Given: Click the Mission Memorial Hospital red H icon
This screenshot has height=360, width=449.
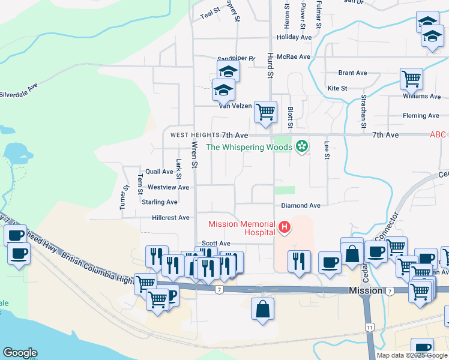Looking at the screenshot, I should point(285,227).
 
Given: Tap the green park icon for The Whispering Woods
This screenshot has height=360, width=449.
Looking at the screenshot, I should point(301,146).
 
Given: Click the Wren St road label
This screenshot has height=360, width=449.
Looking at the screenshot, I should point(194,154).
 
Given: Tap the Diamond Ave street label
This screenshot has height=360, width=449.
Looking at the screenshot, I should point(301,205).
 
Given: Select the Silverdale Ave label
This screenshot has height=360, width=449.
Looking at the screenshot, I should point(19,94).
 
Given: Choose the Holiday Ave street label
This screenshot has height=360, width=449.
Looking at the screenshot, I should point(294,37).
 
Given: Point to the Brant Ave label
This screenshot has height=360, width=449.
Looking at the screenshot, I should point(352,73).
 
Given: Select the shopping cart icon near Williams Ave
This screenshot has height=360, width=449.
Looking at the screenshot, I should point(411,78).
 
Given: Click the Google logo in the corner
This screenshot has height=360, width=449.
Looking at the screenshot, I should point(20,353).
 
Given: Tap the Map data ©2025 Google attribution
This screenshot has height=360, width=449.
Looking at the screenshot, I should point(411,355).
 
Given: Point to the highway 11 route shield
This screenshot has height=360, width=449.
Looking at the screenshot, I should point(370,326).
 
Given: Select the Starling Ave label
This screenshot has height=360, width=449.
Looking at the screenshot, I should point(160,202).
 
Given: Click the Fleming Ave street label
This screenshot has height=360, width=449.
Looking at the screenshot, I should point(421,116).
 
